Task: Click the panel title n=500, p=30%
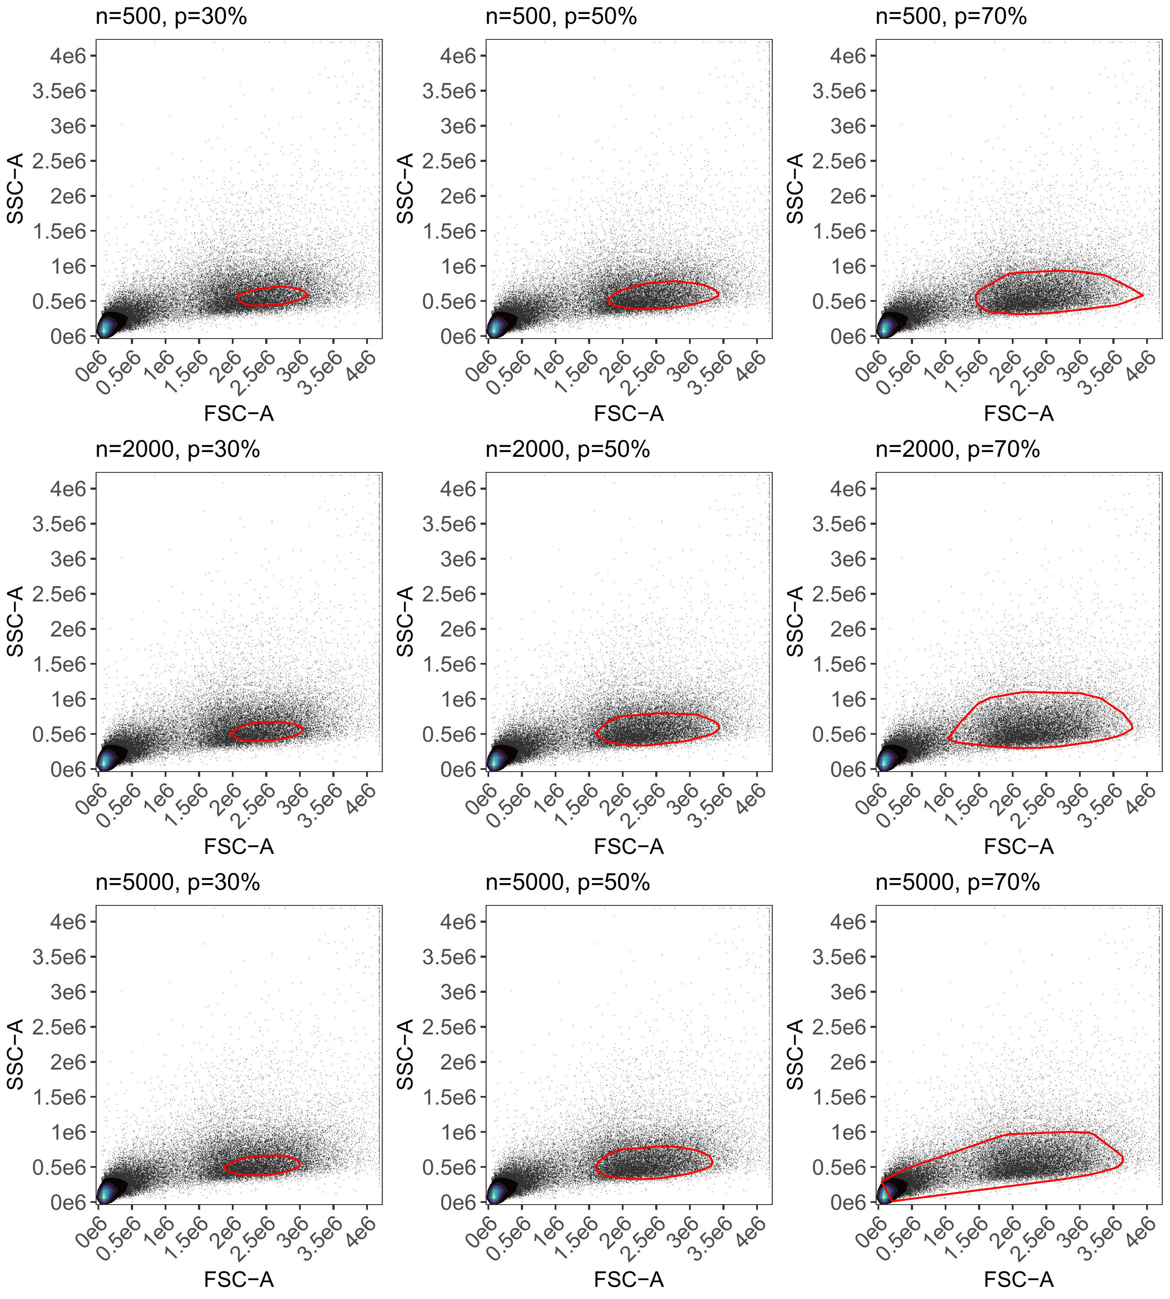[171, 17]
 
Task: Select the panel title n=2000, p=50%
[568, 450]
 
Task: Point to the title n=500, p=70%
[952, 17]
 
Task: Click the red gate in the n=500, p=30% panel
[273, 287]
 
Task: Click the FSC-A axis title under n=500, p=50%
[629, 414]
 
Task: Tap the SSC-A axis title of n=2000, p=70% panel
[795, 621]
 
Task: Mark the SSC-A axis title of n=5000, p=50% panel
[405, 1054]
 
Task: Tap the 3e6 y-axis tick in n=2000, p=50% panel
[458, 559]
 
